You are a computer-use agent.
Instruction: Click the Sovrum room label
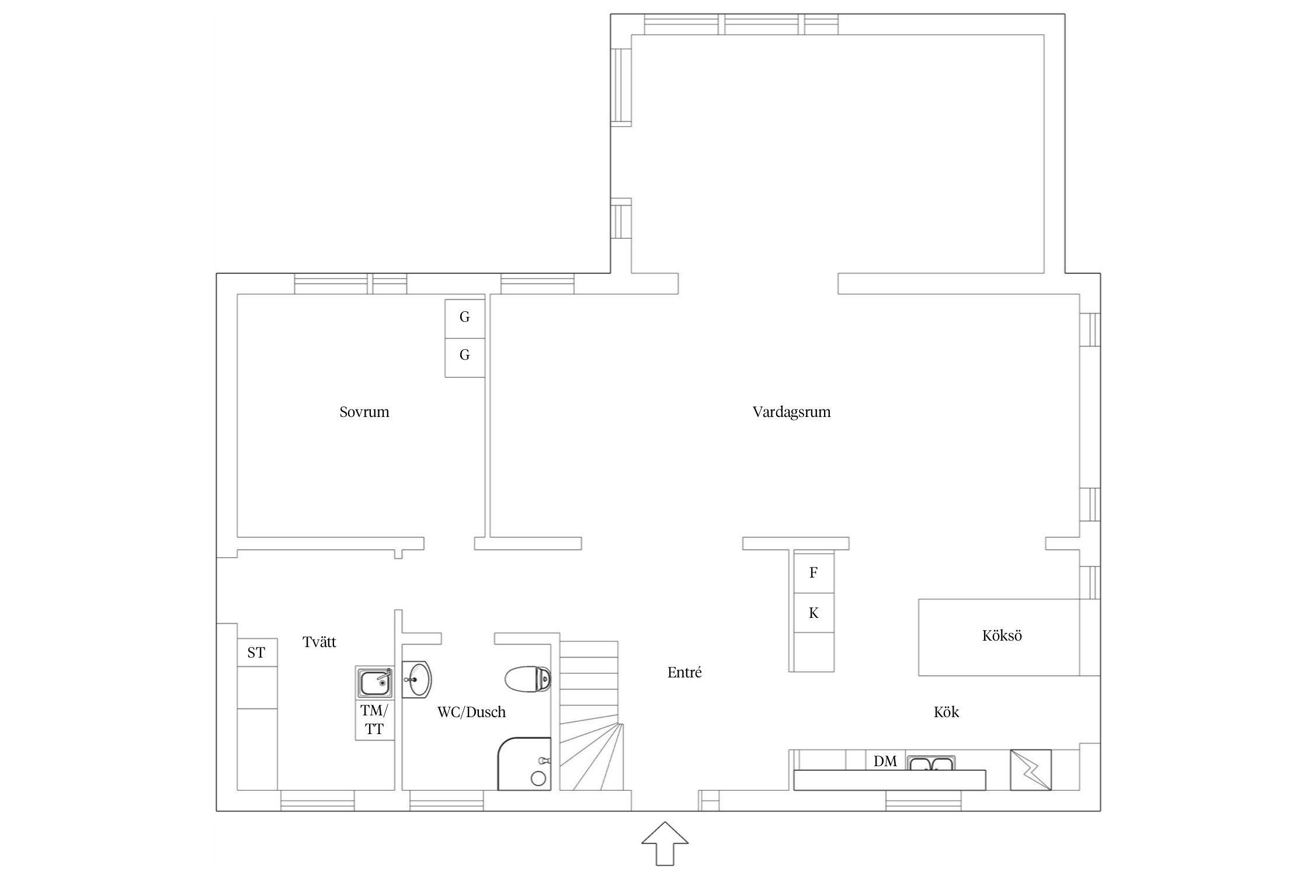(364, 412)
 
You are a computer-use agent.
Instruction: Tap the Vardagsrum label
(791, 412)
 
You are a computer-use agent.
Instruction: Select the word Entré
(684, 672)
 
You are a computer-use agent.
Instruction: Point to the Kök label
(946, 712)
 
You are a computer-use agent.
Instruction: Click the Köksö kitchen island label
(1002, 635)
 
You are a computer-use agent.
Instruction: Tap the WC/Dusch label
(471, 712)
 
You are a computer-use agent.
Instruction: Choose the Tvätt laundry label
(319, 642)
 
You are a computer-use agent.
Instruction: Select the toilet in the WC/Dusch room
(527, 679)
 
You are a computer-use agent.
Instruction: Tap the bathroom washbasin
(417, 679)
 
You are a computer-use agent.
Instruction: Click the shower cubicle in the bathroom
(524, 764)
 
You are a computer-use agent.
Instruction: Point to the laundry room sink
(375, 683)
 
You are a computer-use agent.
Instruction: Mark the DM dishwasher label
(885, 761)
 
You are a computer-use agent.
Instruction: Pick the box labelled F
(814, 572)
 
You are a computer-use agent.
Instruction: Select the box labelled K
(814, 613)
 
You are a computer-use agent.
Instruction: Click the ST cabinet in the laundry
(257, 652)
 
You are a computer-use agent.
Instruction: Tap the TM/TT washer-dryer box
(374, 720)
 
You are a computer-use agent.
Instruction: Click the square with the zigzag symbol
(1031, 770)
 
